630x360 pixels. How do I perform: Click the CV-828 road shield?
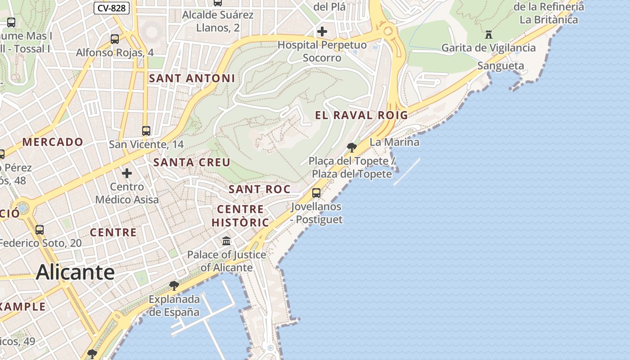tap(112, 8)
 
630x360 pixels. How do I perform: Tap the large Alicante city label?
tap(75, 272)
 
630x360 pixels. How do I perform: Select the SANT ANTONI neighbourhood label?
tap(192, 78)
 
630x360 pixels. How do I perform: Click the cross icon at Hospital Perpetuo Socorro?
tap(322, 31)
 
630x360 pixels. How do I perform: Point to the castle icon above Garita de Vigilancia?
tap(489, 34)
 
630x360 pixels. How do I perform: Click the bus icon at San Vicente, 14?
tap(146, 131)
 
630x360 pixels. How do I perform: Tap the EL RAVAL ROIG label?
tap(361, 115)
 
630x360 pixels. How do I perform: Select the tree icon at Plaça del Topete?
tap(352, 147)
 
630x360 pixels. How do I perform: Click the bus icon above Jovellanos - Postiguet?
tap(316, 193)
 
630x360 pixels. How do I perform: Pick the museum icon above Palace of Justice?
tap(226, 241)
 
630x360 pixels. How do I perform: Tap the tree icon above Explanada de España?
tap(174, 285)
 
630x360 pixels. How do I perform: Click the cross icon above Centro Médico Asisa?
tap(127, 173)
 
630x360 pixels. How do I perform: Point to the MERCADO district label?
tap(53, 142)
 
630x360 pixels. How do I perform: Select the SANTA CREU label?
tap(192, 162)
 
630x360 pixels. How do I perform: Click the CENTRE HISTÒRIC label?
tap(240, 216)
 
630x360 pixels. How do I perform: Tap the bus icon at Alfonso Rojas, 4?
tap(115, 39)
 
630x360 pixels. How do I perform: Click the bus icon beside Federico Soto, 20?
tap(40, 229)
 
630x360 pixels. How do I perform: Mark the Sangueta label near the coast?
tap(500, 66)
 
